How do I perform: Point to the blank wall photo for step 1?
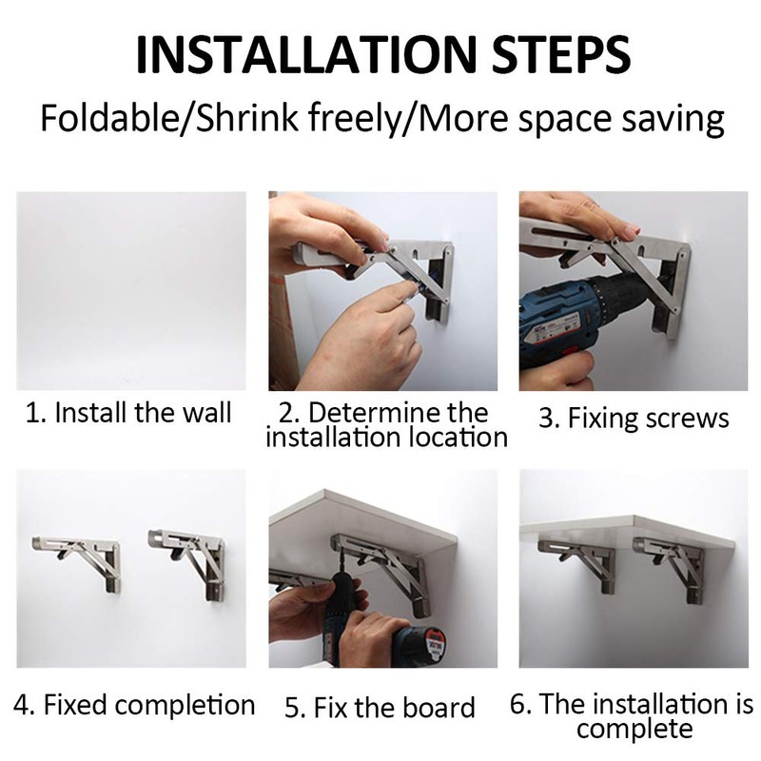coord(131,290)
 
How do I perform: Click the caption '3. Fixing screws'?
coord(634,418)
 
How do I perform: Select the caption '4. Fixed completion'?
coord(135,706)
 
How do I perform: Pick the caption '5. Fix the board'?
coord(380,708)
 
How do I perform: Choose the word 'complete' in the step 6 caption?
coord(634,730)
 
